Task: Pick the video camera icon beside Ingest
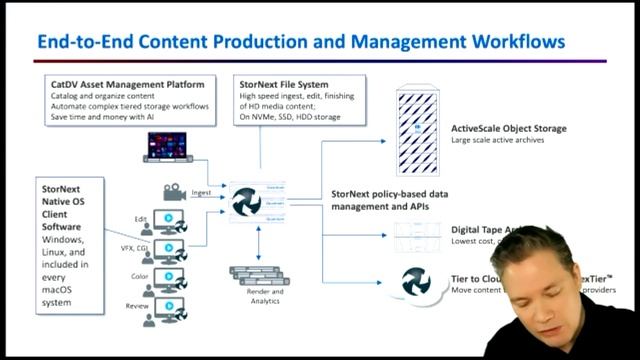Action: [171, 191]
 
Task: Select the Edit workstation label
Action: [140, 217]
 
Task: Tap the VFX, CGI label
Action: [132, 246]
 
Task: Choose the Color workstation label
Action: [139, 275]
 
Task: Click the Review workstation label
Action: [137, 303]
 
